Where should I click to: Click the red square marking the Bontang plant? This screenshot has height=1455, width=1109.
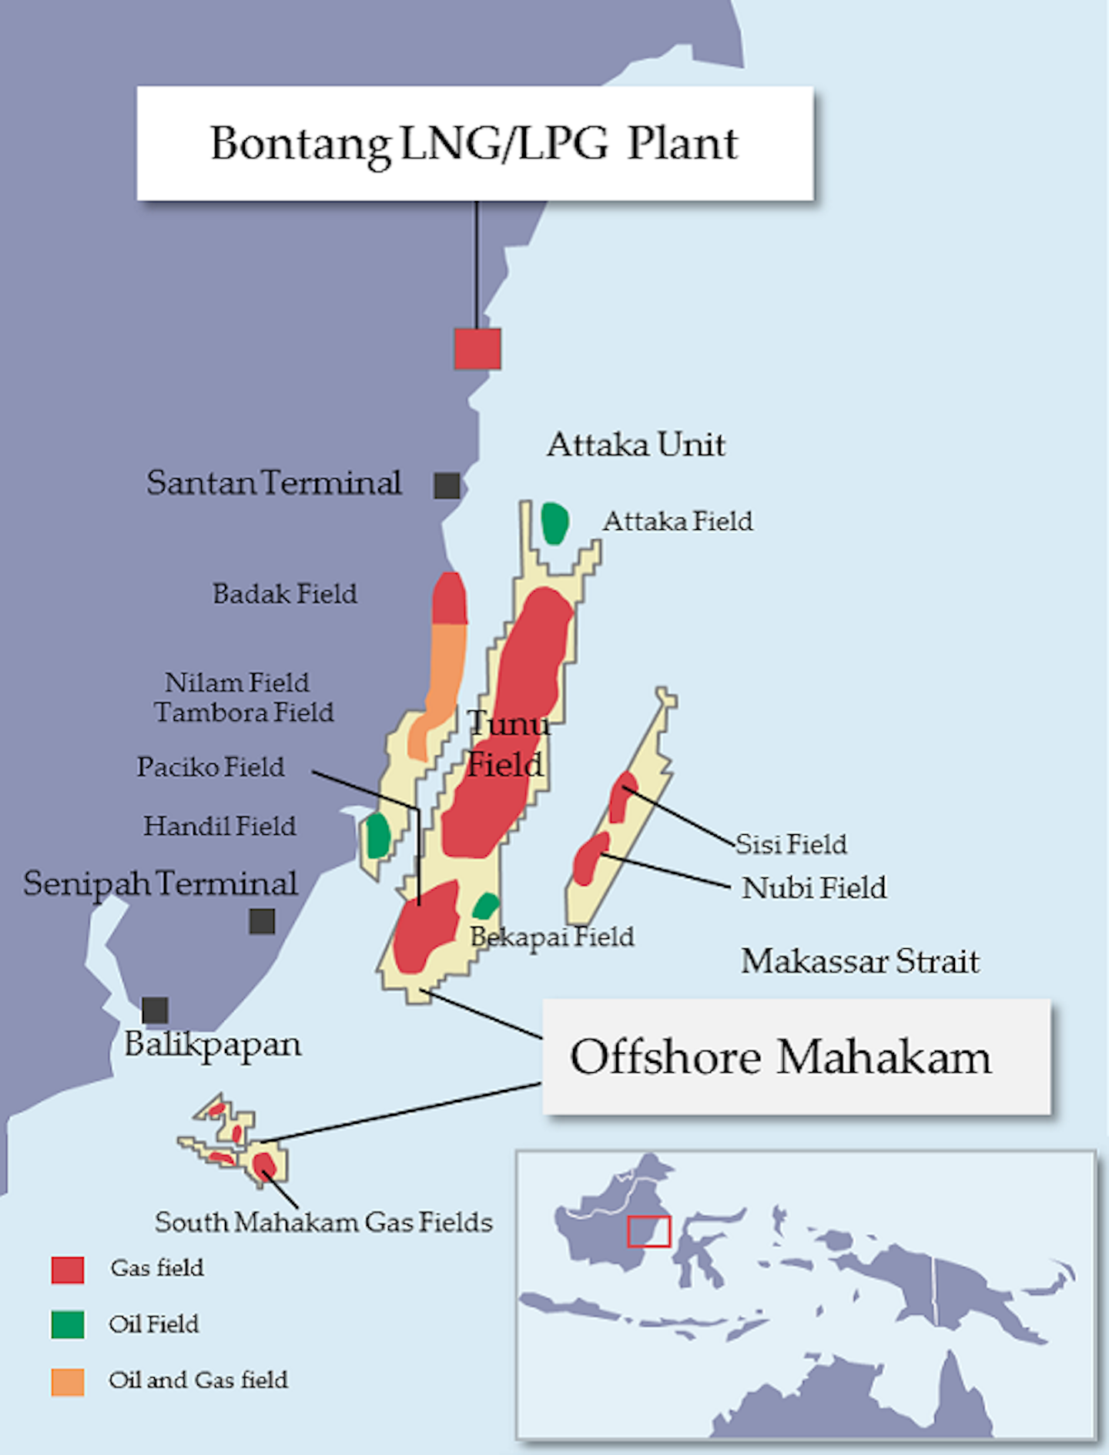(477, 349)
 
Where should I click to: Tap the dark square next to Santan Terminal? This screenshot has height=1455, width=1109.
(447, 486)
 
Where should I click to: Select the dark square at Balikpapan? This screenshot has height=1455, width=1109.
(155, 1011)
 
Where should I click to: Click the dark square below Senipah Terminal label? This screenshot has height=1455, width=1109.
(262, 921)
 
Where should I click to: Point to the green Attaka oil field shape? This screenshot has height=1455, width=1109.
(554, 523)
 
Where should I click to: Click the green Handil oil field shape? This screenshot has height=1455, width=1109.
(377, 836)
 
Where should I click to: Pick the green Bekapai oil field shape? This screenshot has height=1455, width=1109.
(485, 907)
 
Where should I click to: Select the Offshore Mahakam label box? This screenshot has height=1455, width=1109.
(796, 1057)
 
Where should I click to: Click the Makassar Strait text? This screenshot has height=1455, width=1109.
(859, 961)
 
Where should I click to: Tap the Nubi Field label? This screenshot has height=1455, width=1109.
(813, 888)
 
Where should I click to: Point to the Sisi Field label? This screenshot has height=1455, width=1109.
(791, 844)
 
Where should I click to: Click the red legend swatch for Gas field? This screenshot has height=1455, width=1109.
(68, 1269)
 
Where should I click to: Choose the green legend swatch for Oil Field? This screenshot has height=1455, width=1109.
(68, 1325)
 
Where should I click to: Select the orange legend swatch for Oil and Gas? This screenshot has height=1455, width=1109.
(68, 1382)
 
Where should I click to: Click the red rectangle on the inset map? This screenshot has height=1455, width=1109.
(648, 1232)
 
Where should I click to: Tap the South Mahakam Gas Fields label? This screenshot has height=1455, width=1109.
(323, 1222)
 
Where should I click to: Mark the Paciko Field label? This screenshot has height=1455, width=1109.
(210, 767)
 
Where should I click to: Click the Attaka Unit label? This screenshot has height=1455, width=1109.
(635, 445)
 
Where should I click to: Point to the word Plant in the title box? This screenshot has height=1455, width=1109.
(682, 144)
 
